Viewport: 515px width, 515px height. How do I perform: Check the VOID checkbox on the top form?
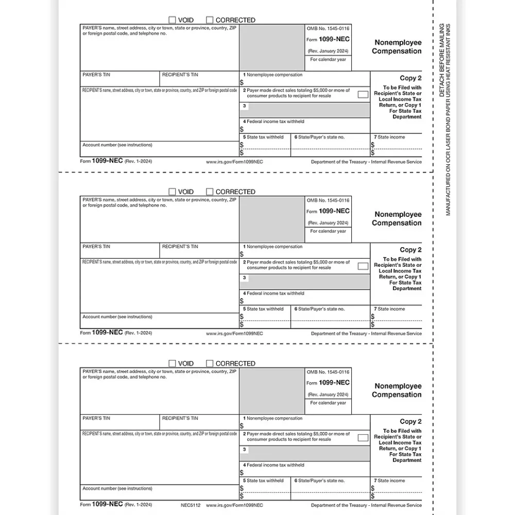pyautogui.click(x=173, y=20)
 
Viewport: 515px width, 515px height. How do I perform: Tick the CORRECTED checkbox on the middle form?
pyautogui.click(x=210, y=192)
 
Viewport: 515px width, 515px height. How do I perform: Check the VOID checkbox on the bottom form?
pyautogui.click(x=173, y=364)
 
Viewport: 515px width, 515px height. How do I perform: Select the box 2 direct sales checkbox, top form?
pyautogui.click(x=363, y=94)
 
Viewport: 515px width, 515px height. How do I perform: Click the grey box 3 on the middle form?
pyautogui.click(x=304, y=282)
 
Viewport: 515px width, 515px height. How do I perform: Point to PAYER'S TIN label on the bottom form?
pyautogui.click(x=96, y=418)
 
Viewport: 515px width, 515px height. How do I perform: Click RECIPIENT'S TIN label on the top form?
pyautogui.click(x=180, y=75)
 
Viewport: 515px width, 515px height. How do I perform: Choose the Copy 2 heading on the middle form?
pyautogui.click(x=410, y=250)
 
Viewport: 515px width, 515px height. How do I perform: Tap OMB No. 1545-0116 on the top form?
pyautogui.click(x=328, y=28)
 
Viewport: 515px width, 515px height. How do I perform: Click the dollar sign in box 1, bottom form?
pyautogui.click(x=242, y=426)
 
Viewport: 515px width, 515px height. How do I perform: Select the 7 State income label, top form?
pyautogui.click(x=389, y=137)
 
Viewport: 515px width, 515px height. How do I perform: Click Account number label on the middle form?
pyautogui.click(x=117, y=317)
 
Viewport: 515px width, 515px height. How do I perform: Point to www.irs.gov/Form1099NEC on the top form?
pyautogui.click(x=234, y=162)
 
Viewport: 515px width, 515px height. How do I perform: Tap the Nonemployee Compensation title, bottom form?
pyautogui.click(x=397, y=390)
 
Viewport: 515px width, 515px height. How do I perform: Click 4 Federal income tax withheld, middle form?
pyautogui.click(x=273, y=294)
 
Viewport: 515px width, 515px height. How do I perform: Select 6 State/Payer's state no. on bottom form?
pyautogui.click(x=319, y=480)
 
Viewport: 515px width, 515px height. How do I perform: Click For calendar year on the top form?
pyautogui.click(x=328, y=60)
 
